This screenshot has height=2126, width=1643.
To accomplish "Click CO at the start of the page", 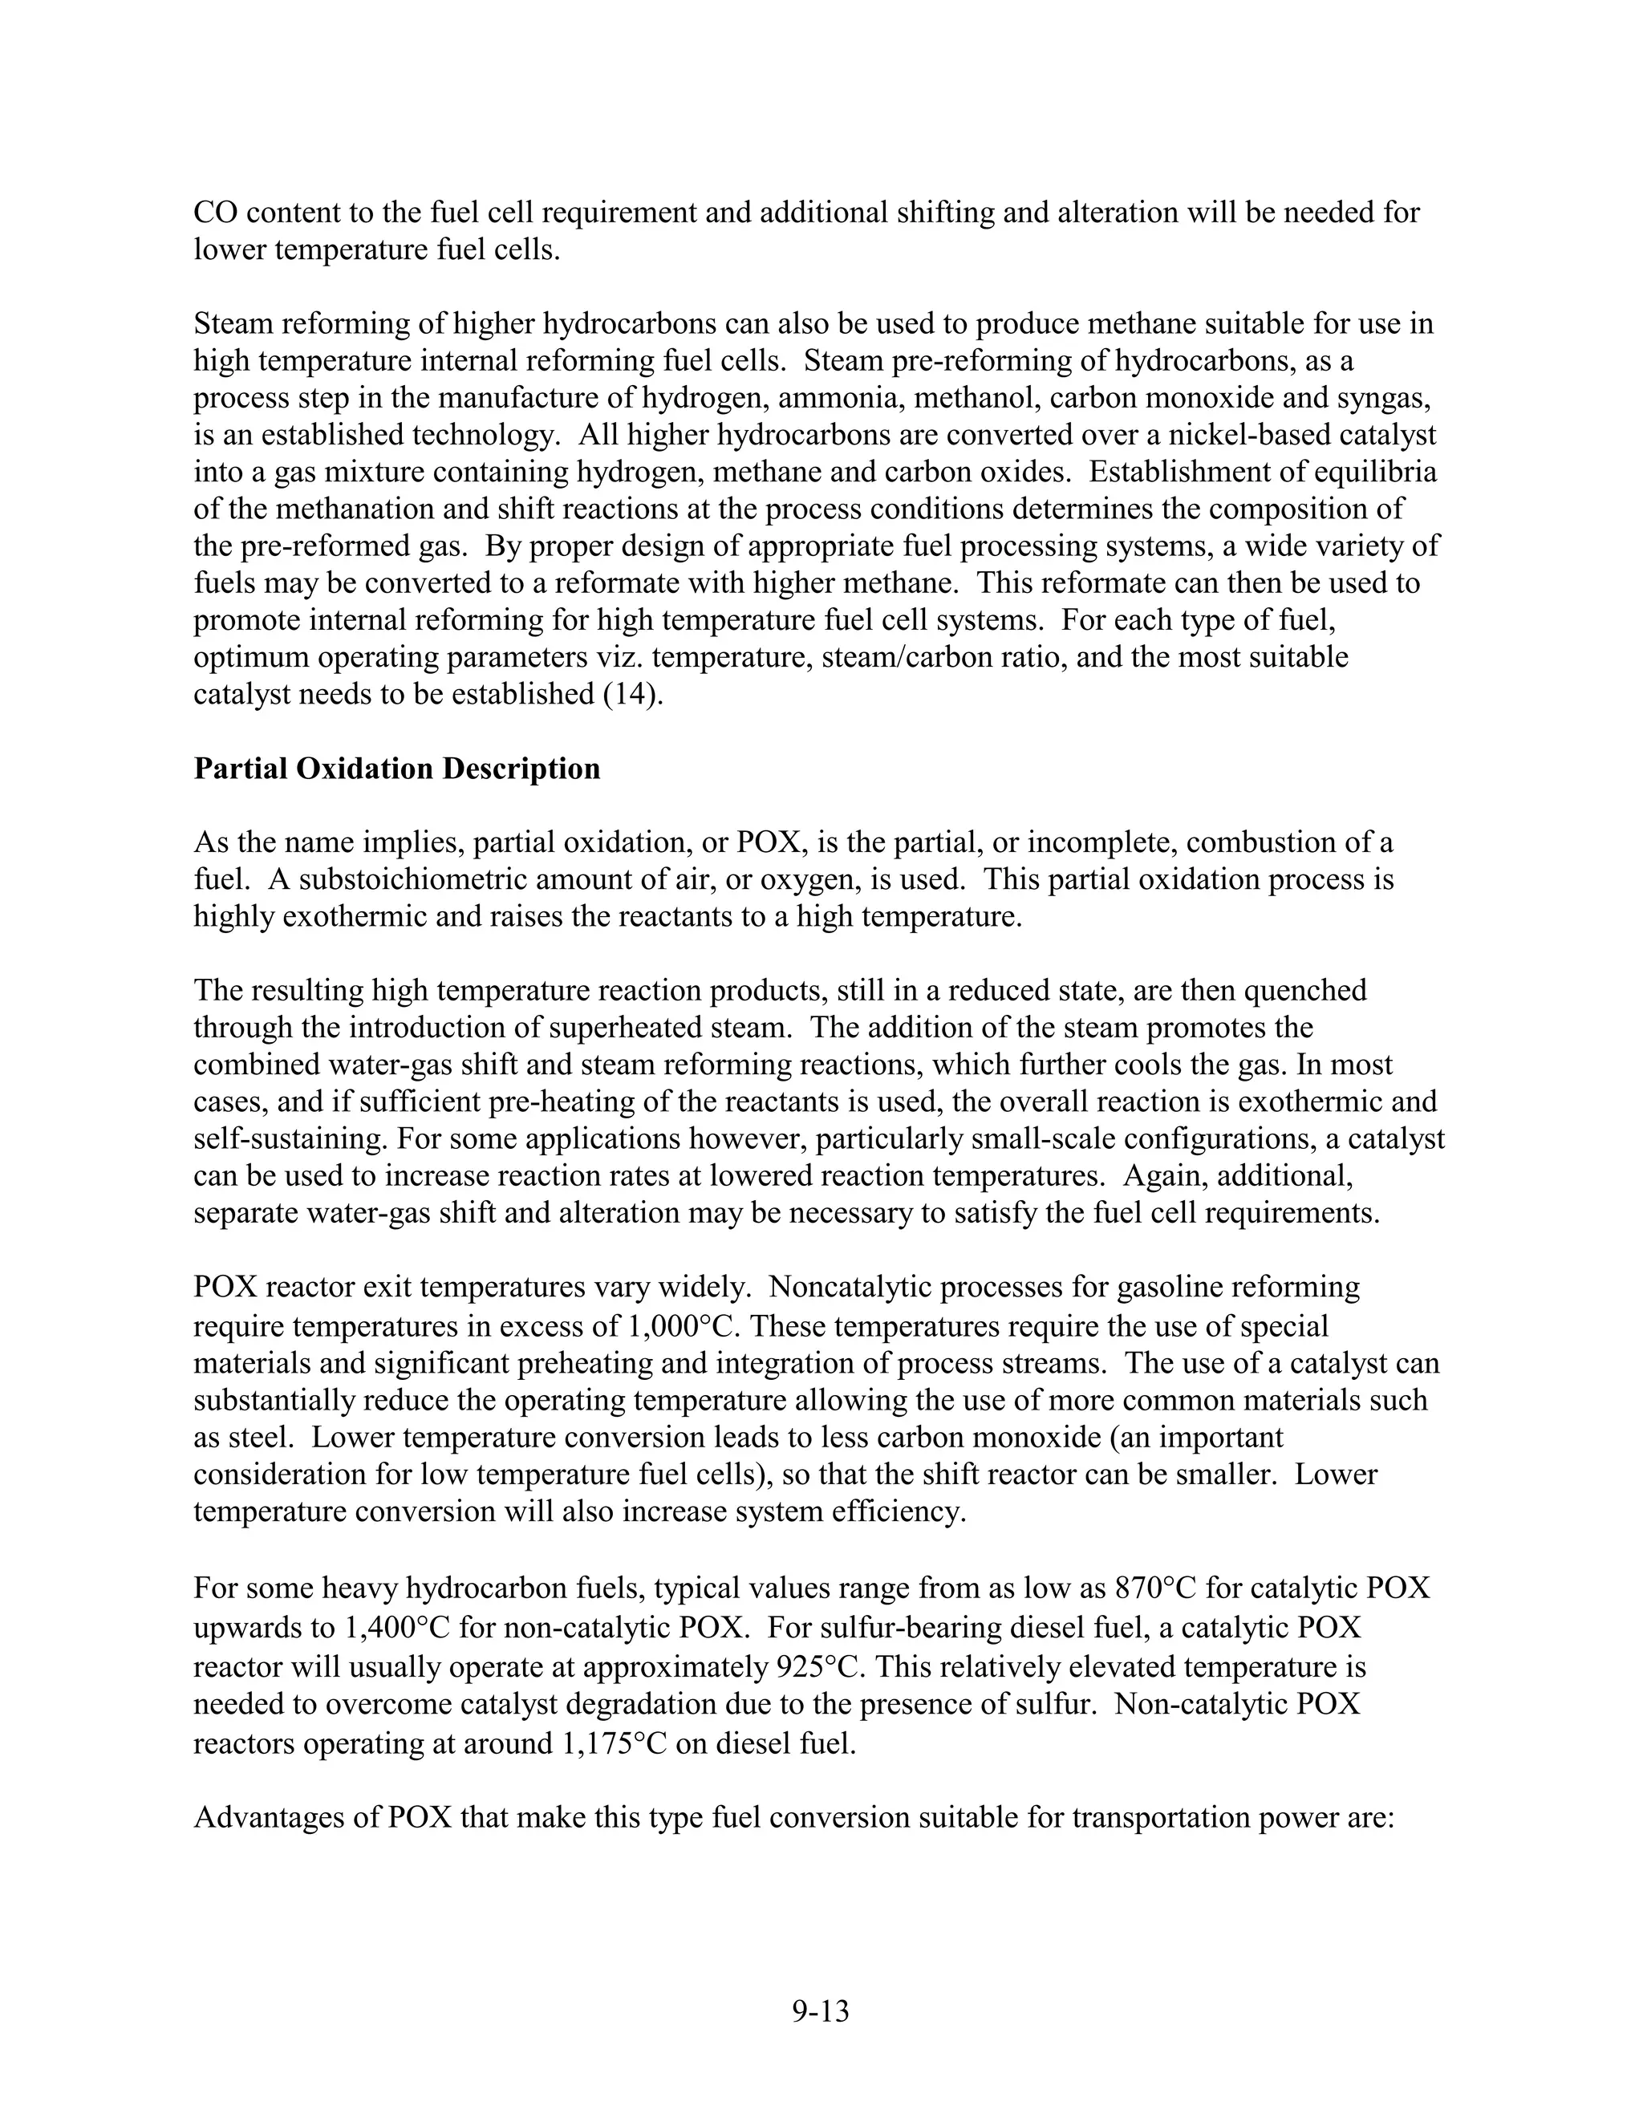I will pos(214,213).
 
